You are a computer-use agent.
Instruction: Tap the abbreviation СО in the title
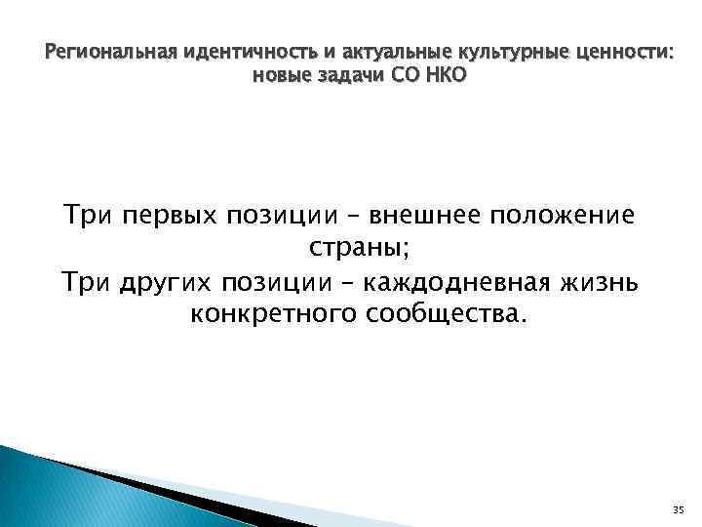tap(403, 75)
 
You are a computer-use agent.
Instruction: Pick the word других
tap(167, 282)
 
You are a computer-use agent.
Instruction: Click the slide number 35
tap(679, 510)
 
